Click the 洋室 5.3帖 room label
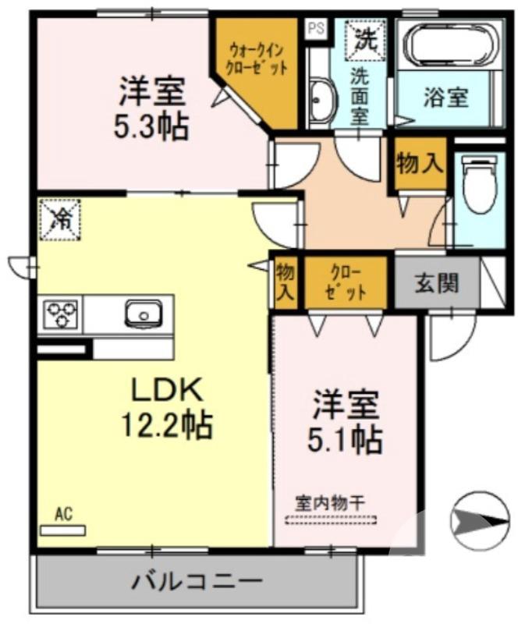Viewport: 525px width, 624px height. coord(151,108)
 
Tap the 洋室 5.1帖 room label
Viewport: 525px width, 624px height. coord(347,422)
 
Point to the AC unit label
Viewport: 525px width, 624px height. coord(63,514)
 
